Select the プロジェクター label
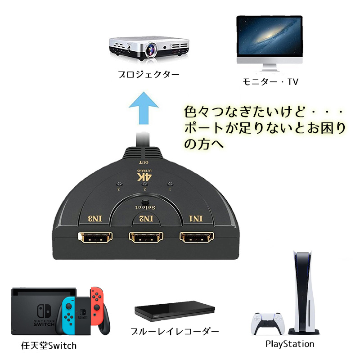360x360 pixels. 148,75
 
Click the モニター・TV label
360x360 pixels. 270,81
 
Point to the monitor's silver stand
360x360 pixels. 270,69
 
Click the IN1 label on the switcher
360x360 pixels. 196,219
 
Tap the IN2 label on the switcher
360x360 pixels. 146,219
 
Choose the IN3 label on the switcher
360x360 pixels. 95,219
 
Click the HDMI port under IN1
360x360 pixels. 197,238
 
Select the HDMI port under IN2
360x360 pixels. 146,238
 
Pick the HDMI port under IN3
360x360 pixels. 95,238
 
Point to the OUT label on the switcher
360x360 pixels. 144,162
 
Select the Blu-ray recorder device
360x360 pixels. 175,311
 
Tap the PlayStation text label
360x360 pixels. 290,344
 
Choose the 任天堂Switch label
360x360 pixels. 49,346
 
